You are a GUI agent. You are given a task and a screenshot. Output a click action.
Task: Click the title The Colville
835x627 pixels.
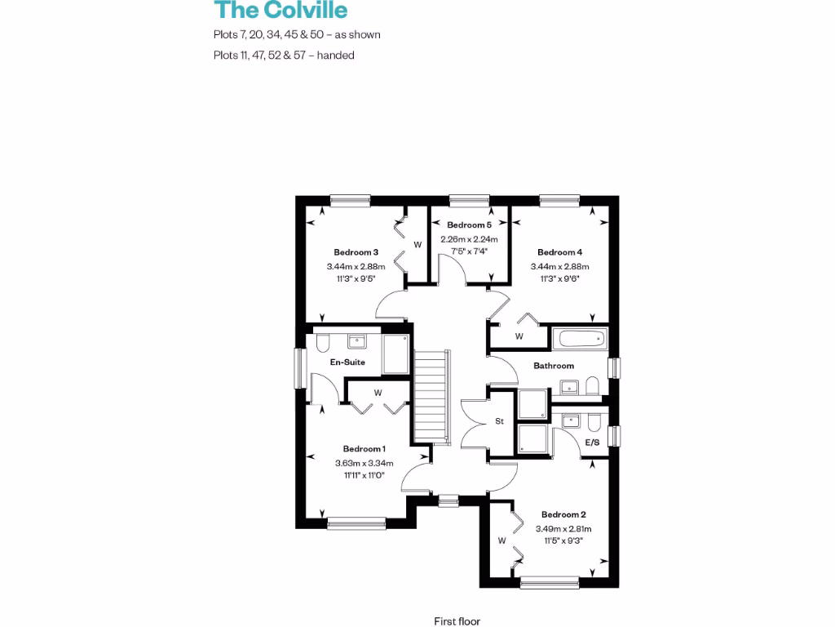[x=281, y=11]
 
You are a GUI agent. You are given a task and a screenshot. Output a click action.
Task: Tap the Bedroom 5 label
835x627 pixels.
[x=469, y=225]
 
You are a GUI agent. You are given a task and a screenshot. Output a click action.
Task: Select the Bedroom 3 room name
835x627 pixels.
[x=356, y=252]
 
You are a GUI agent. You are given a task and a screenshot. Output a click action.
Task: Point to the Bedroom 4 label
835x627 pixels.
[x=559, y=252]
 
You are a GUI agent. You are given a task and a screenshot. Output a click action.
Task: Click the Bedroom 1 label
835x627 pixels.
[x=364, y=449]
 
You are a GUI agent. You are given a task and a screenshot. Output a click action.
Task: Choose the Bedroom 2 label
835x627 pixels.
[x=563, y=515]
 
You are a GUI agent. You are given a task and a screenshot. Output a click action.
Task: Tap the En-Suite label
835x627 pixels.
[x=347, y=362]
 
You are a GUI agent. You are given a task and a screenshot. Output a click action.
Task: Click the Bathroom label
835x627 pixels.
[x=554, y=366]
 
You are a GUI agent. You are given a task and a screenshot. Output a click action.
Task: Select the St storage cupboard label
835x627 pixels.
[x=500, y=422]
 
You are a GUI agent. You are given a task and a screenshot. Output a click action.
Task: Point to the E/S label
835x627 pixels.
[x=593, y=442]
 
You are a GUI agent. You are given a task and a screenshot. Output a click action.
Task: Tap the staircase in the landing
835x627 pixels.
[x=432, y=397]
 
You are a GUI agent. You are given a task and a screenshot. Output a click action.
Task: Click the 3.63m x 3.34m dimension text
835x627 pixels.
[x=364, y=464]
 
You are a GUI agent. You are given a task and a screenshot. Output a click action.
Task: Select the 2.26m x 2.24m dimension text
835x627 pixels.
[x=469, y=239]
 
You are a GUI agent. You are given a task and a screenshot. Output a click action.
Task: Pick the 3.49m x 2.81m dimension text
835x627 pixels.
[x=563, y=529]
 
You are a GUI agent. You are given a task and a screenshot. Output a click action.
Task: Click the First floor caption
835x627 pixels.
[x=457, y=621]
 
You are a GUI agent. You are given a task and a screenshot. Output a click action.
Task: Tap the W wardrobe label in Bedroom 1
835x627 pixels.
[x=378, y=393]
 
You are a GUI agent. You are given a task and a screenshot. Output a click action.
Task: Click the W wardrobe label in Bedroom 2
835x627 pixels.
[x=501, y=540]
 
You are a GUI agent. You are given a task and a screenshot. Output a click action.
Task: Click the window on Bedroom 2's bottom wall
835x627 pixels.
[x=550, y=582]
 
